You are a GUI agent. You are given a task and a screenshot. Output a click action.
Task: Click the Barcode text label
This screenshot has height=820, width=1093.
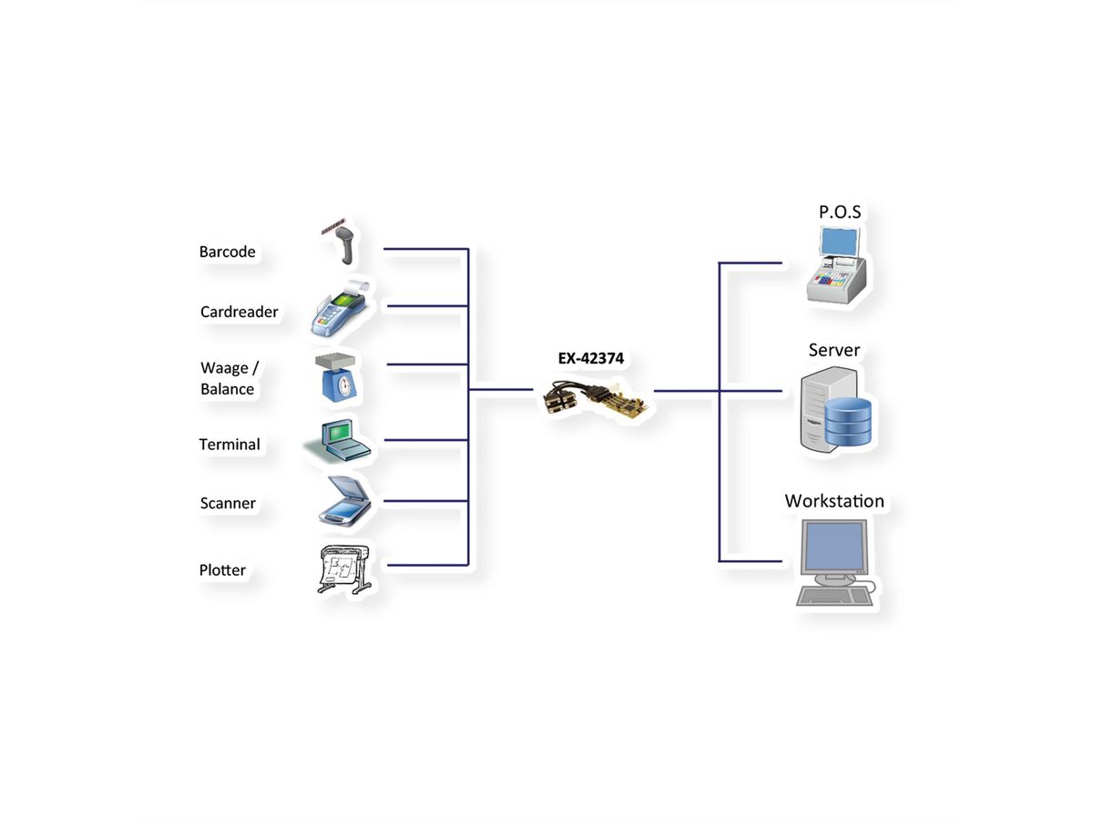coord(227,251)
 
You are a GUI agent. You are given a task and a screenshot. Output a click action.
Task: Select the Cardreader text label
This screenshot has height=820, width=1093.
coord(239,312)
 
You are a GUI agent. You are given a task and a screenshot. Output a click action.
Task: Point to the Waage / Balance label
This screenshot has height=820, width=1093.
coord(229,378)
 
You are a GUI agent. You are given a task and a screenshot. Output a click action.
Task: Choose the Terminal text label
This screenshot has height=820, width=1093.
coord(230,445)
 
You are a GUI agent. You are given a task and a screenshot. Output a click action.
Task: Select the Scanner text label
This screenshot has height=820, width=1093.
coord(228,503)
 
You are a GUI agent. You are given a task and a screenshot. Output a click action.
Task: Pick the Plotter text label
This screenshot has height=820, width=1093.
coord(222,570)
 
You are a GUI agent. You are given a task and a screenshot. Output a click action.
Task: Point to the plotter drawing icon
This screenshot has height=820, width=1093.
coord(342,570)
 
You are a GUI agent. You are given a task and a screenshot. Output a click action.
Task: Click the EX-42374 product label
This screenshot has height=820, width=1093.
coord(590,359)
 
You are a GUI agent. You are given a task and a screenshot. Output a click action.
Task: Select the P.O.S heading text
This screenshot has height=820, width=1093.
coord(839,212)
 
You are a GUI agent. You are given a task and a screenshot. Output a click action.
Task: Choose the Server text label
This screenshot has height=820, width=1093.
coord(833,350)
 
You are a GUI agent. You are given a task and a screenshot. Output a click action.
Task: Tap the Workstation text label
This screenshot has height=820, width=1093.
coord(834,501)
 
